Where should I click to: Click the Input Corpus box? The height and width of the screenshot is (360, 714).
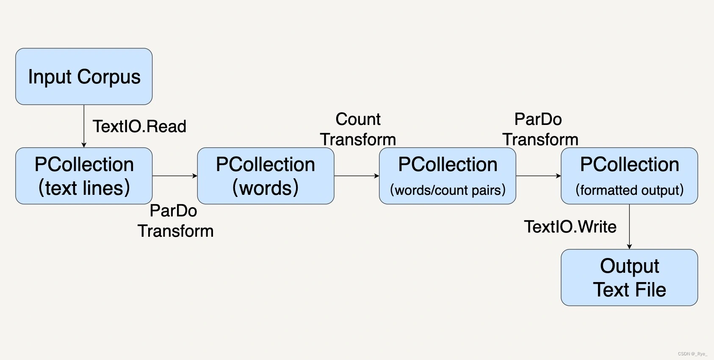[x=84, y=76]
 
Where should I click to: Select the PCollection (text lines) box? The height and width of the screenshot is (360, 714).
[x=84, y=176]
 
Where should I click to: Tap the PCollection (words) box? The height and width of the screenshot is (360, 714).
[x=266, y=176]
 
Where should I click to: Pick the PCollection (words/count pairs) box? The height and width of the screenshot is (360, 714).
[x=448, y=176]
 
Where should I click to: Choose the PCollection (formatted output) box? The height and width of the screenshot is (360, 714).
[x=629, y=176]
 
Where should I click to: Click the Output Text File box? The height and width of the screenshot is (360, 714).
[x=629, y=277]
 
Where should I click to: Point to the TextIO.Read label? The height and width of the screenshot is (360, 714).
[x=139, y=126]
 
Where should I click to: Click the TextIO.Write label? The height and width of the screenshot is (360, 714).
[x=570, y=227]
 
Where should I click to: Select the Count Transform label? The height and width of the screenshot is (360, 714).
[x=358, y=129]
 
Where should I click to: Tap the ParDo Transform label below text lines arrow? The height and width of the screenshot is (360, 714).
[x=175, y=221]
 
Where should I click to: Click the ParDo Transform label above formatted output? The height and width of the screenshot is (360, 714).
[x=540, y=129]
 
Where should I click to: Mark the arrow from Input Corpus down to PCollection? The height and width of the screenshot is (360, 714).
[x=84, y=126]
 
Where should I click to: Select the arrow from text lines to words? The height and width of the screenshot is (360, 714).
[x=174, y=176]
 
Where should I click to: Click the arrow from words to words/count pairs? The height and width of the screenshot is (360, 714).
[x=357, y=176]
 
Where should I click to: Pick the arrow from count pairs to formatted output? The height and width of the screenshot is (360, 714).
[x=538, y=176]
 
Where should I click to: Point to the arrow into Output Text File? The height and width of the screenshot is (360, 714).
[x=629, y=227]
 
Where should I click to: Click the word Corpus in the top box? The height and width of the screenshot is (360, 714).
[x=109, y=77]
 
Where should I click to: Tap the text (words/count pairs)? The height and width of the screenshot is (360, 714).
[x=448, y=190]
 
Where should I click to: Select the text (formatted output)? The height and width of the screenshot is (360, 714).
[x=629, y=190]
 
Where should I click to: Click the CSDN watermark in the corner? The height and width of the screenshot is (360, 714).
[x=692, y=354]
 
